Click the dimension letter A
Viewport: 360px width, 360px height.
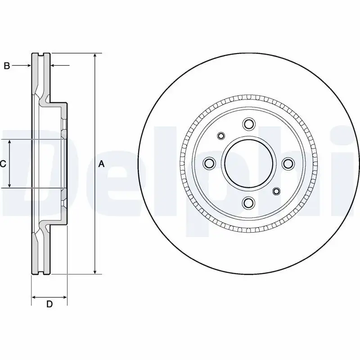[x=101, y=164]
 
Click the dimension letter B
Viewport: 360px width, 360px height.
[x=6, y=66]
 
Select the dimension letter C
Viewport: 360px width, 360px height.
[x=3, y=164]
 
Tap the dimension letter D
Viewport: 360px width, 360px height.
[x=49, y=304]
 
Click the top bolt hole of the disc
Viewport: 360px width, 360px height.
[x=248, y=124]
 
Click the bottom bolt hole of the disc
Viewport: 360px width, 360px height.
[x=248, y=203]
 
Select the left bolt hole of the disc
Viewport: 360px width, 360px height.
[x=209, y=163]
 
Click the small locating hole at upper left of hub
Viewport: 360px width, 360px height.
[x=221, y=135]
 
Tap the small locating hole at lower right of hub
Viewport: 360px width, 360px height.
[x=276, y=192]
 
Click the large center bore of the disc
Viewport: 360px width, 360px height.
[x=248, y=163]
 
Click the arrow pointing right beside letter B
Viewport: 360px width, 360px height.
[x=28, y=66]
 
